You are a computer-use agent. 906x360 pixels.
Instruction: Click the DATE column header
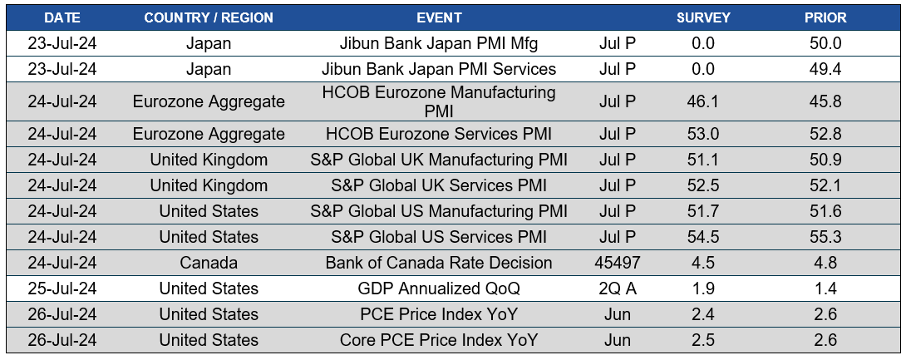tap(62, 17)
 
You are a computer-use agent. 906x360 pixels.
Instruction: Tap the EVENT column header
tap(439, 17)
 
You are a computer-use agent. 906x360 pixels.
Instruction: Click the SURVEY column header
tap(703, 17)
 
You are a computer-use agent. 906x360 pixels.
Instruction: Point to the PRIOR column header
tap(825, 17)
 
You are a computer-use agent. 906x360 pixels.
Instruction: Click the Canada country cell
tap(209, 263)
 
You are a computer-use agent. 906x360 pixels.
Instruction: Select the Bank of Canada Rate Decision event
tap(439, 263)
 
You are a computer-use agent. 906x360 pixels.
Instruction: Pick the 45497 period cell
tap(618, 263)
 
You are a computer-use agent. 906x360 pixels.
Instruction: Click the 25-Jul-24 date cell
tap(62, 288)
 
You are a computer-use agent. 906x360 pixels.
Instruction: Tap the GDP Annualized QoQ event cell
tap(439, 288)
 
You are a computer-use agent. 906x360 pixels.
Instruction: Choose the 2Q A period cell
tap(618, 288)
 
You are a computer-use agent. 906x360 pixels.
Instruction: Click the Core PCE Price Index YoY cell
tap(439, 340)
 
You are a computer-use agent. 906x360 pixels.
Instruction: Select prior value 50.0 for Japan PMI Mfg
tap(825, 43)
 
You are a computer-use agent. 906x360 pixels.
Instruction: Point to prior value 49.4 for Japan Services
tap(825, 69)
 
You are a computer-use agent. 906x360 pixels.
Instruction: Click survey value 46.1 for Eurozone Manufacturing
tap(703, 101)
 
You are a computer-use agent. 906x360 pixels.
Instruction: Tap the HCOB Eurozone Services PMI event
tap(439, 134)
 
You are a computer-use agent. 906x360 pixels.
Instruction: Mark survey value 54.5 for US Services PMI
tap(703, 237)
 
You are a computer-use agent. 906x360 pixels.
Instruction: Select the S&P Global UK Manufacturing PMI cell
tap(439, 160)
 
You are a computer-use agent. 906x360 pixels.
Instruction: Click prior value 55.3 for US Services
tap(825, 237)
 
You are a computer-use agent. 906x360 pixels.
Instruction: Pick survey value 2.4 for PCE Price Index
tap(703, 314)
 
